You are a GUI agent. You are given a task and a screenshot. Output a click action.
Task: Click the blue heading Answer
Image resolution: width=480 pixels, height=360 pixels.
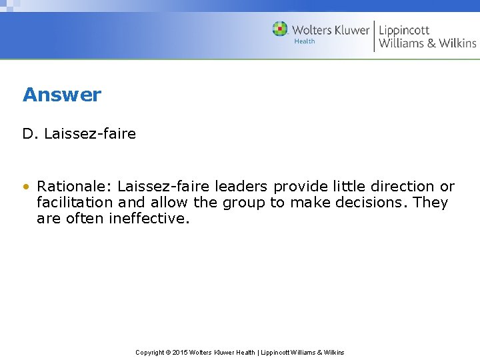click(62, 95)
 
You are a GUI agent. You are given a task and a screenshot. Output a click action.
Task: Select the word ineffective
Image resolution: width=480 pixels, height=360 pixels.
click(149, 219)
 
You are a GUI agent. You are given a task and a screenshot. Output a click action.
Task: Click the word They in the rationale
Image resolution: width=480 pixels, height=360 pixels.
click(431, 203)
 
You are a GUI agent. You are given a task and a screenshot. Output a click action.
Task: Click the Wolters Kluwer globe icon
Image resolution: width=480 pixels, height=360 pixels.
click(281, 29)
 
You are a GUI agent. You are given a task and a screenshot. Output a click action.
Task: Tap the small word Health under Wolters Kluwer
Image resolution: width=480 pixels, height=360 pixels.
click(305, 41)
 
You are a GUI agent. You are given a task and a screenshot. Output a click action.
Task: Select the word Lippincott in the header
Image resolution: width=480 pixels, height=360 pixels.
click(404, 30)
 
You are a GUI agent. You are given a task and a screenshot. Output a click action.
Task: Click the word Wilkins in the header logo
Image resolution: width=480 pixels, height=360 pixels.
click(458, 43)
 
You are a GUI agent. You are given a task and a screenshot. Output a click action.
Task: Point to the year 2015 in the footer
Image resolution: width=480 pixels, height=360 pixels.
click(180, 353)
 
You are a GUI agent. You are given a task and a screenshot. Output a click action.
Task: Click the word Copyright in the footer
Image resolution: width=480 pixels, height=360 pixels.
click(150, 353)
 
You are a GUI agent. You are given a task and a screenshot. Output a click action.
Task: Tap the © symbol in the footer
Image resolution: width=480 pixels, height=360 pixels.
click(169, 353)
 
